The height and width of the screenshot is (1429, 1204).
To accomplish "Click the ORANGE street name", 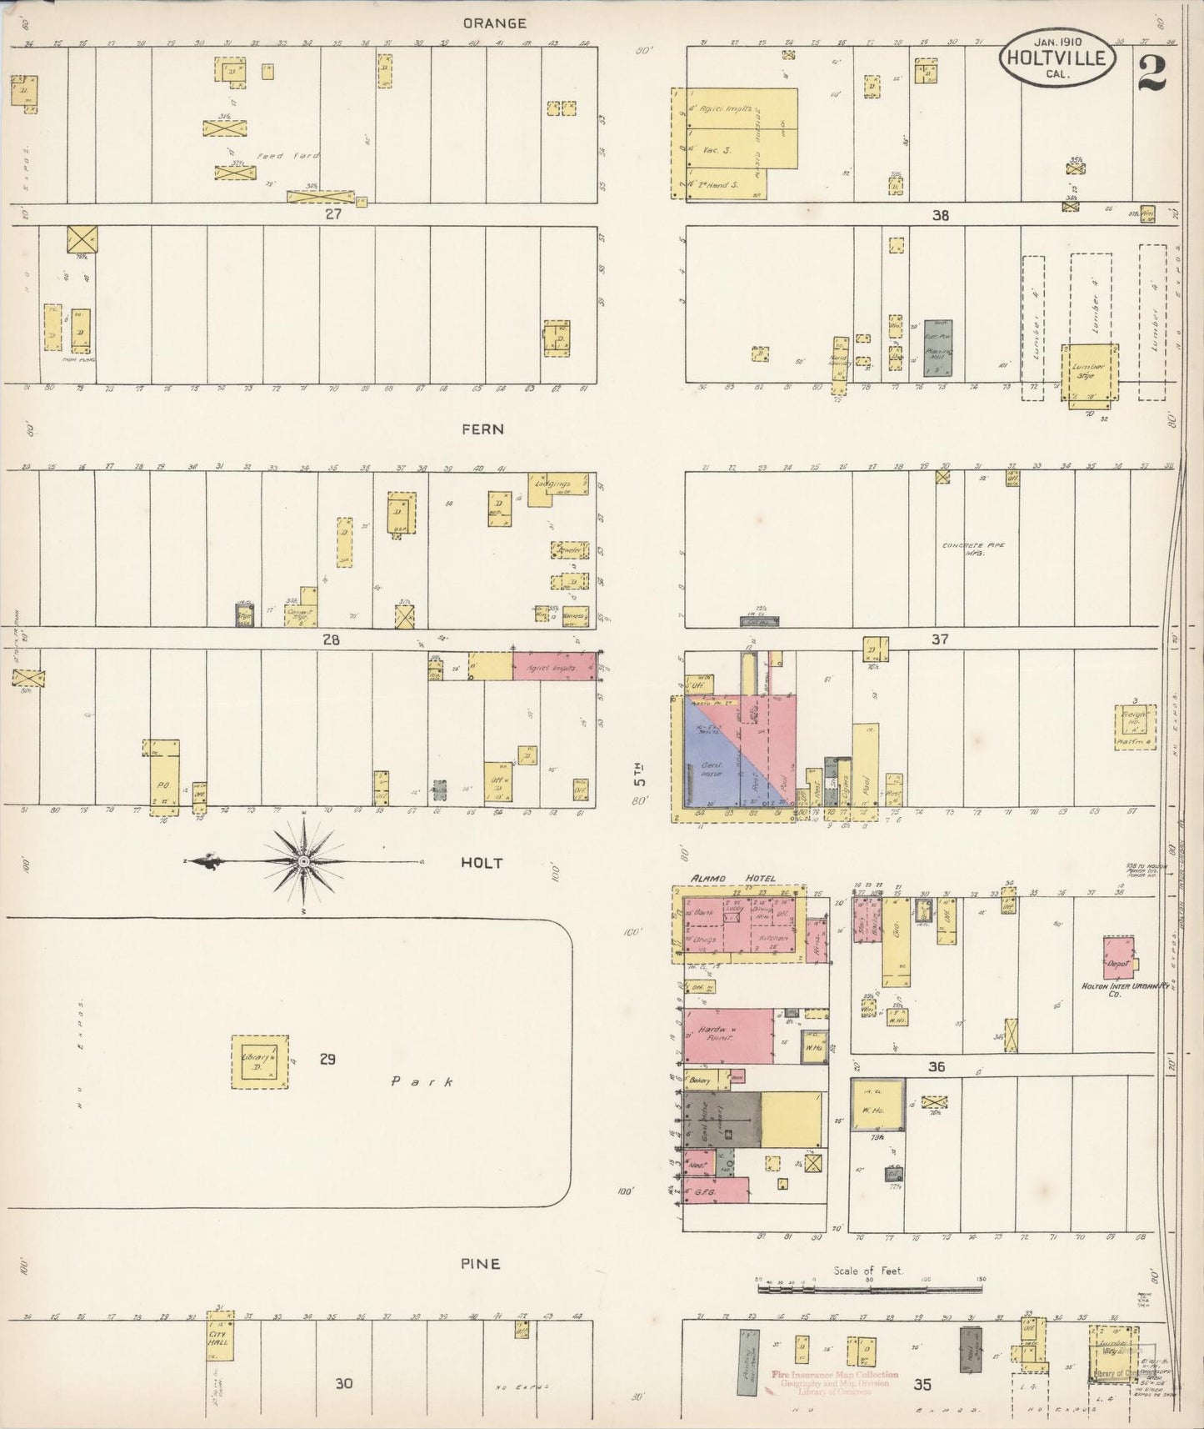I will point(495,23).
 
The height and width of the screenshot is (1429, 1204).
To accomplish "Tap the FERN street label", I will point(483,429).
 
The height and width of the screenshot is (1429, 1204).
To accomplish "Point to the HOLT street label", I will point(482,863).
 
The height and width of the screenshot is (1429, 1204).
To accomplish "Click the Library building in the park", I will point(260,1061).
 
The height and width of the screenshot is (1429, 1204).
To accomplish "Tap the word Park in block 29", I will point(423,1082).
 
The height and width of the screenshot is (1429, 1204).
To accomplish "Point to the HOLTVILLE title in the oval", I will point(1057,58).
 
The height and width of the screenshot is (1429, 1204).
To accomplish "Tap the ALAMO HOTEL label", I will point(733,878).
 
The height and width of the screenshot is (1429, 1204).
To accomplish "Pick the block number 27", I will point(333,214).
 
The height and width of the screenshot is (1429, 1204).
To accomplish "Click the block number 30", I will point(343,1384).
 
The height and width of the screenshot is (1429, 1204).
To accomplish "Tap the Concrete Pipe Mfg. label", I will point(973,549).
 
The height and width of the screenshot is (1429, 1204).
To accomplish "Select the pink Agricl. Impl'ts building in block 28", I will point(554,666).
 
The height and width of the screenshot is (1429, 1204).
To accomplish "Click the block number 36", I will point(937,1067).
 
